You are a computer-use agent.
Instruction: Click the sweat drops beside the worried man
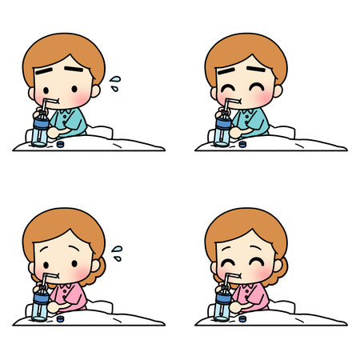(117, 79)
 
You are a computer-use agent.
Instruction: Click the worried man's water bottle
(41, 131)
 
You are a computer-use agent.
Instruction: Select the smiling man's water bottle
(223, 131)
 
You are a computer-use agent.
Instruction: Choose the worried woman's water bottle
(41, 305)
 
